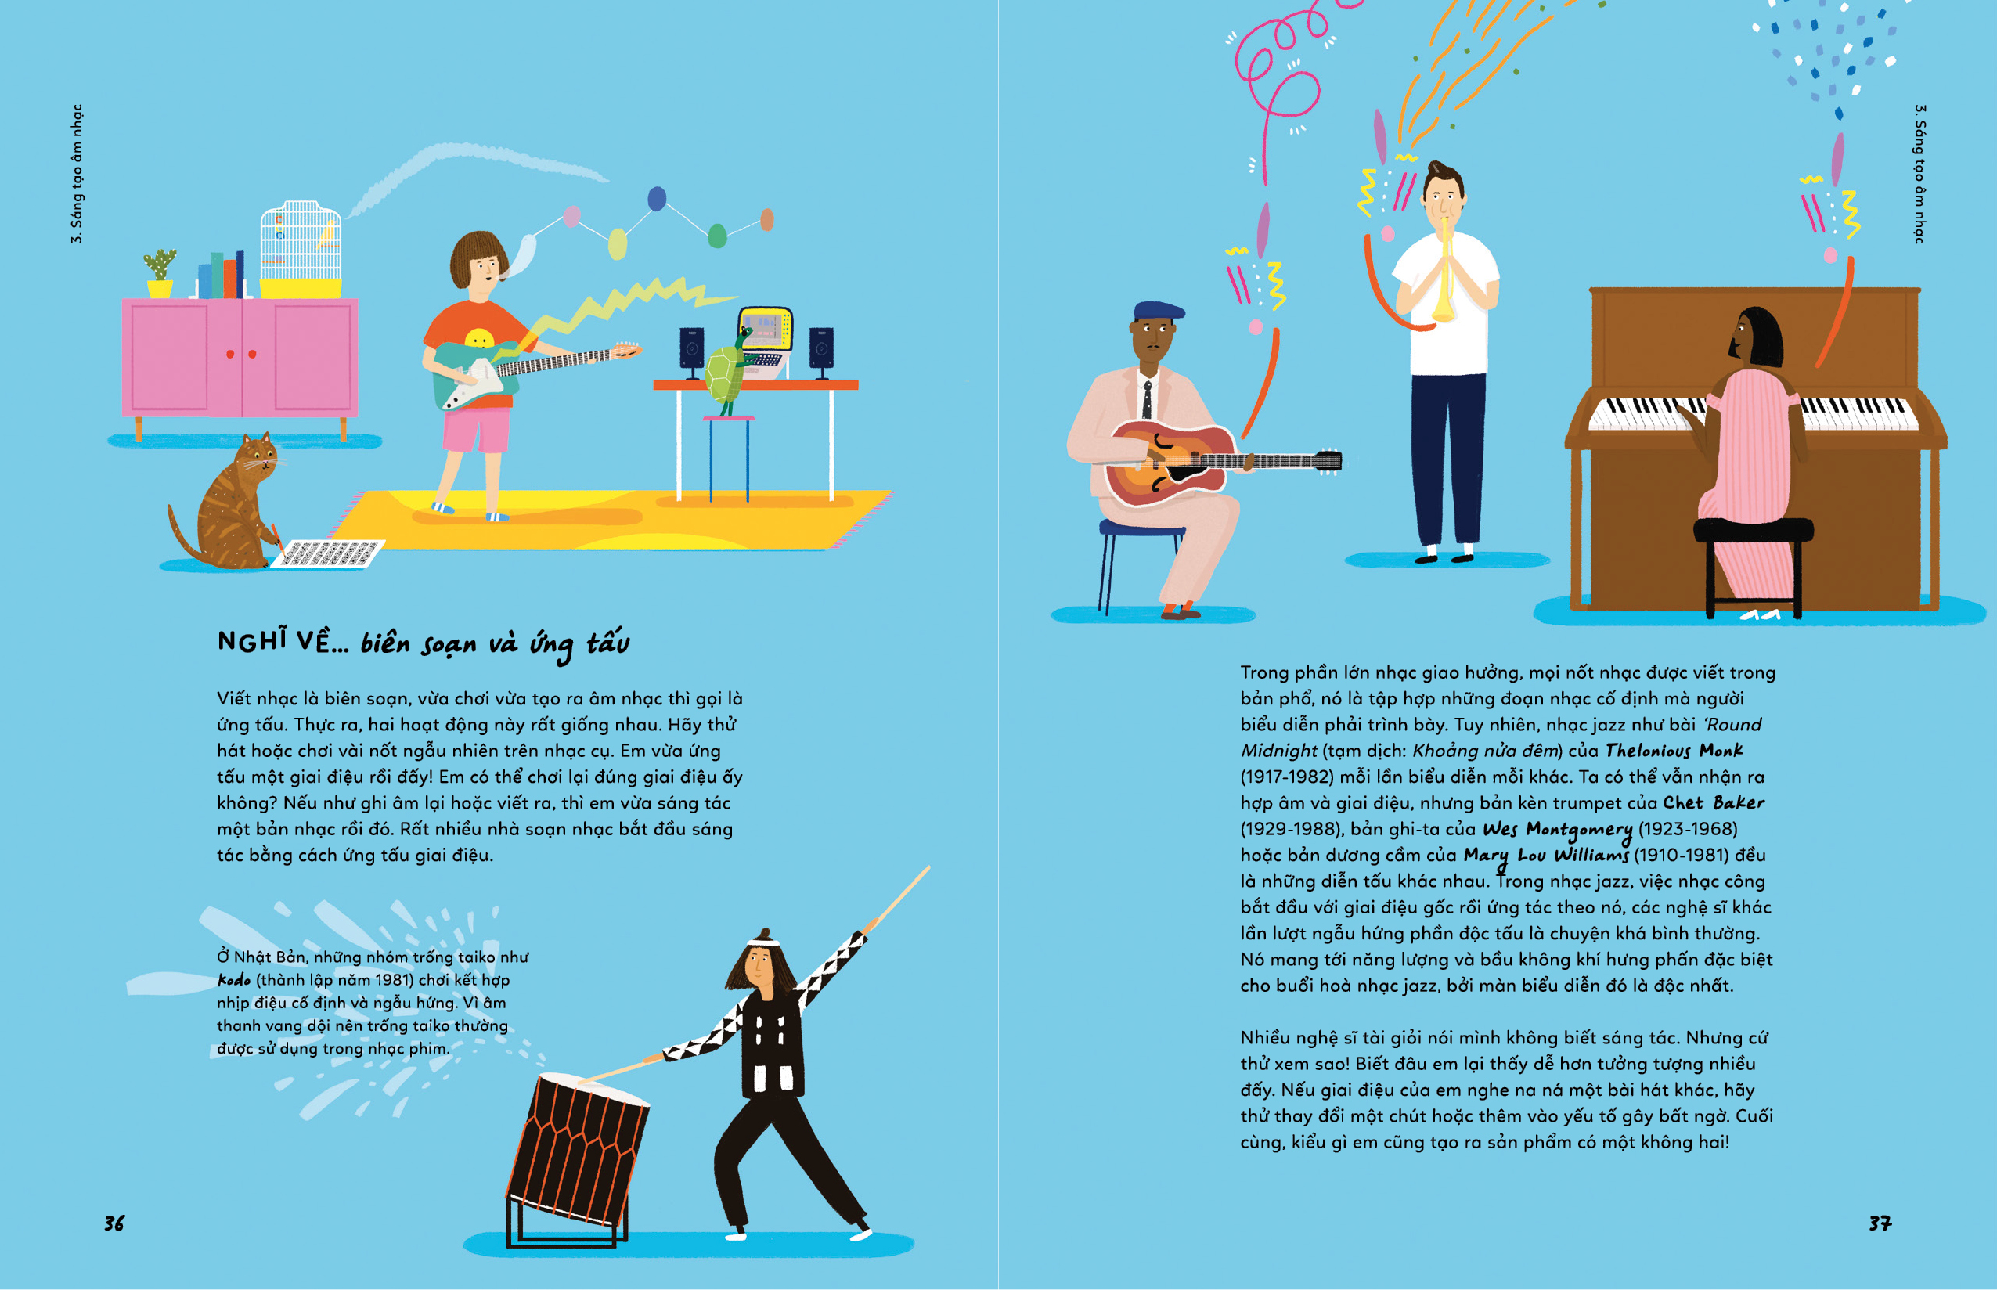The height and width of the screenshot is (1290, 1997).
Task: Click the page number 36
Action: [114, 1223]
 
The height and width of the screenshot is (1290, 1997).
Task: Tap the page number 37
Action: [1880, 1223]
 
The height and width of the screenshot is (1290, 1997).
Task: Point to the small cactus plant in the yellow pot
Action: [159, 273]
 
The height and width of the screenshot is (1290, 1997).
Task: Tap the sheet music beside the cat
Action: [327, 553]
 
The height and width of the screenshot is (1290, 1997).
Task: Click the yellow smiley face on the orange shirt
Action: [479, 338]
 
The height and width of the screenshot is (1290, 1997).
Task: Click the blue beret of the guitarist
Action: [1159, 312]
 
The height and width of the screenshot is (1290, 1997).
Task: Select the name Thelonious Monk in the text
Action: [1674, 751]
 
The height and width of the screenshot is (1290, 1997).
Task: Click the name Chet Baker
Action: [1713, 802]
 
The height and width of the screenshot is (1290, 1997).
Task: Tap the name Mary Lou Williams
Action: [1545, 856]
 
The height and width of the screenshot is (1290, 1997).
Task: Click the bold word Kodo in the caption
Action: [234, 979]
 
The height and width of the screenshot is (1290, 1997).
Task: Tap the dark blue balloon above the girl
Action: [658, 199]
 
